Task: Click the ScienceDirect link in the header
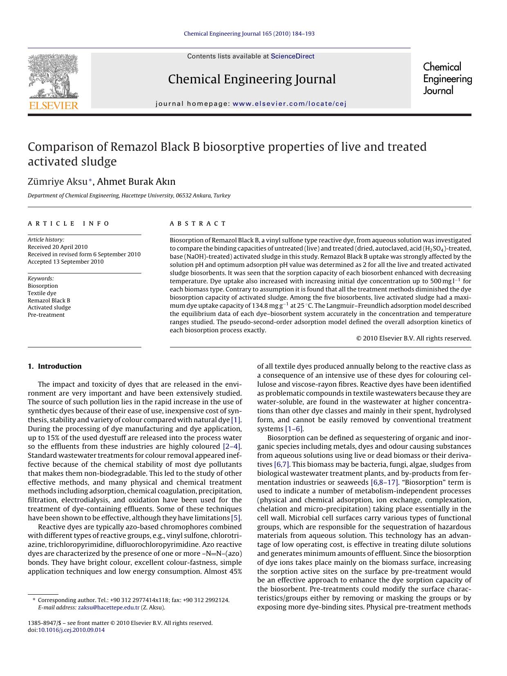coord(293,56)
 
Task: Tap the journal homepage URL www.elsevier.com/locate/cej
coord(289,104)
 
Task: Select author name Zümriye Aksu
coord(58,181)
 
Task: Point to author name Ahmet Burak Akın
coord(136,181)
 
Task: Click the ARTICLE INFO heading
coord(69,224)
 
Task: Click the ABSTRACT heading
coord(198,224)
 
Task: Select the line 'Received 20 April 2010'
coord(58,247)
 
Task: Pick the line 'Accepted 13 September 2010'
coord(65,262)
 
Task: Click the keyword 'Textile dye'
coord(42,293)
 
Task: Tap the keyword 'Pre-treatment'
coord(46,315)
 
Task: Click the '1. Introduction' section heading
coord(55,366)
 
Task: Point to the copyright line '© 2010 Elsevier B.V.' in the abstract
coord(413,338)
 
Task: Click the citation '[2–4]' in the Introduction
coord(232,446)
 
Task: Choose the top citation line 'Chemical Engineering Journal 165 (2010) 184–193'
coord(249,34)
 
